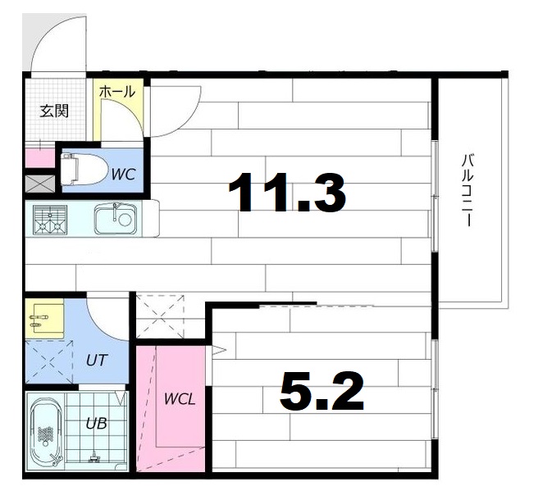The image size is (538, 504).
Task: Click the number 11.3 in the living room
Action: (287, 193)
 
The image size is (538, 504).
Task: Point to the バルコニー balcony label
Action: (467, 190)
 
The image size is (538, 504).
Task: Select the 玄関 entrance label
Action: (54, 111)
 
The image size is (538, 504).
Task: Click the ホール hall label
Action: (117, 93)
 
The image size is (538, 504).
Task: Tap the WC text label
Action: (123, 174)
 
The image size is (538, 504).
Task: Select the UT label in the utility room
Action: (96, 358)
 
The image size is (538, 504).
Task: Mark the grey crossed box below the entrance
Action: (38, 184)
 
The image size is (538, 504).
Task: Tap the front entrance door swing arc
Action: (56, 41)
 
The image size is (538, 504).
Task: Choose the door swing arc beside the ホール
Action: (173, 111)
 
